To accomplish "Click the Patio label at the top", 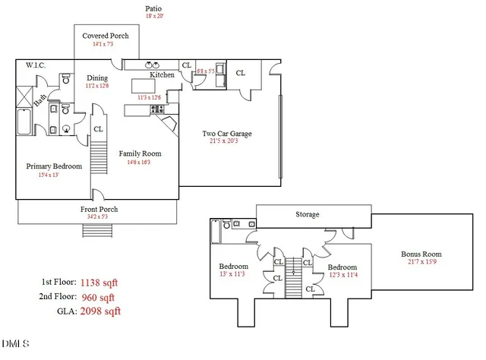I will [x=153, y=9].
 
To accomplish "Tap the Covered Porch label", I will [x=106, y=36].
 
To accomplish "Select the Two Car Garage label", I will [x=226, y=134].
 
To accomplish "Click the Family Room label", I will [x=140, y=153].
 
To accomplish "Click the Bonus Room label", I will [x=421, y=254].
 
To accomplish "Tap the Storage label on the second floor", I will [x=307, y=215].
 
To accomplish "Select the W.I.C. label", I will [x=36, y=65].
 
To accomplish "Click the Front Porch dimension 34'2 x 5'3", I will [x=99, y=218].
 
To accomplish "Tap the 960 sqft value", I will [x=98, y=296].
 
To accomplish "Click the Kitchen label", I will [x=162, y=75].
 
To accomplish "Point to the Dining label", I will [x=97, y=77].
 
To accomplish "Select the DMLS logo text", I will [x=15, y=344].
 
